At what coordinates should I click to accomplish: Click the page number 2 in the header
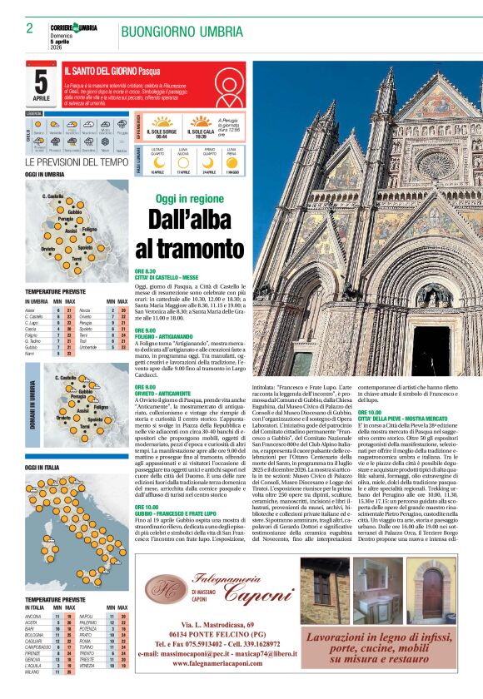[x=29, y=28]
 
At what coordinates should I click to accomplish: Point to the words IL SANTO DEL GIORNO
[x=100, y=72]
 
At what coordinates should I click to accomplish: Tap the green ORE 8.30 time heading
[x=146, y=271]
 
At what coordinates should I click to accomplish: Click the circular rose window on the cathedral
[x=437, y=162]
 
